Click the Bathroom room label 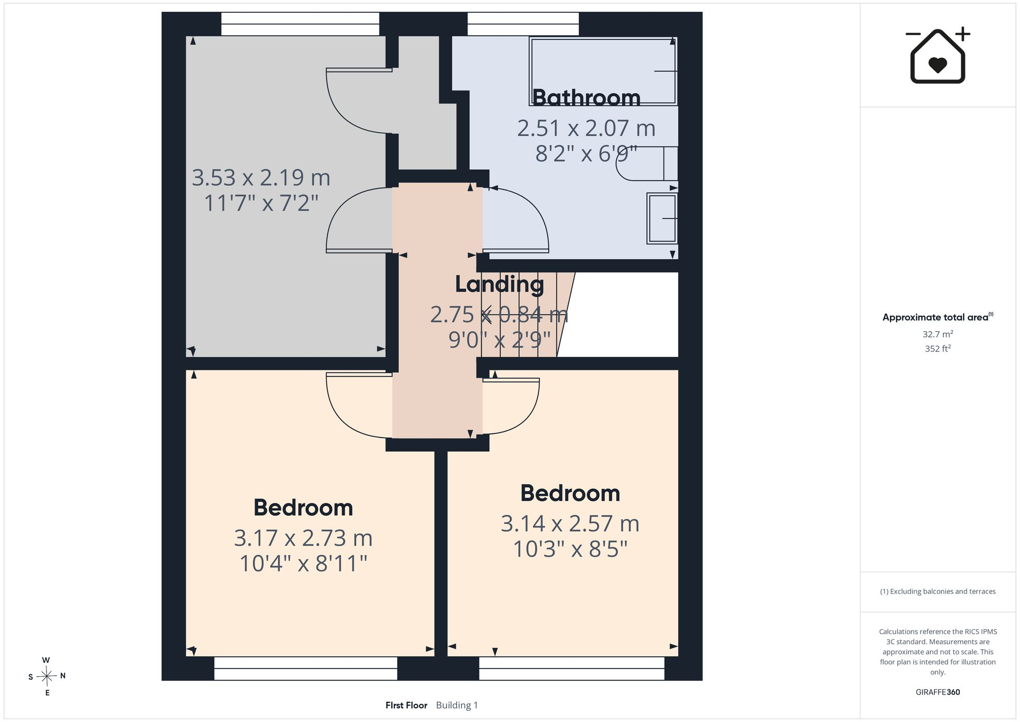pyautogui.click(x=586, y=97)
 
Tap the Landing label pyautogui.click(x=499, y=284)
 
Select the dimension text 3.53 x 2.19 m pyautogui.click(x=261, y=178)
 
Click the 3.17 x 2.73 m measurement pyautogui.click(x=303, y=538)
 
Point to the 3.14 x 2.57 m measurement pyautogui.click(x=570, y=524)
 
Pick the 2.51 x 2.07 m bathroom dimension pyautogui.click(x=586, y=128)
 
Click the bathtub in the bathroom pyautogui.click(x=604, y=71)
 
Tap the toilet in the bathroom pyautogui.click(x=647, y=163)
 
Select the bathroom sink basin pyautogui.click(x=662, y=218)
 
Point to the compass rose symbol pyautogui.click(x=46, y=677)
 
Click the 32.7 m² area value pyautogui.click(x=937, y=334)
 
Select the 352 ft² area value pyautogui.click(x=937, y=348)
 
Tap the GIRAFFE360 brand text pyautogui.click(x=937, y=692)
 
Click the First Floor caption pyautogui.click(x=406, y=705)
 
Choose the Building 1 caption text pyautogui.click(x=457, y=705)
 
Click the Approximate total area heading pyautogui.click(x=937, y=317)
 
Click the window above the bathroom pyautogui.click(x=523, y=24)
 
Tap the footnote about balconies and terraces pyautogui.click(x=937, y=591)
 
